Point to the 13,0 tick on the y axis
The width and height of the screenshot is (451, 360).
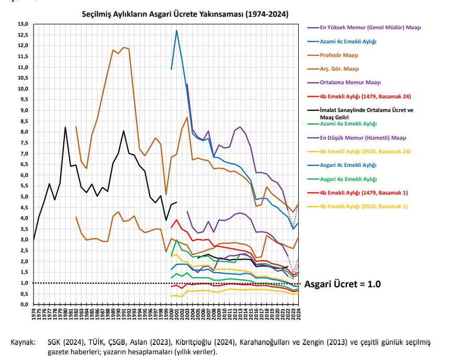coord(22,24)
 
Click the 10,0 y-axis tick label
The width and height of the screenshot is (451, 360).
coord(22,89)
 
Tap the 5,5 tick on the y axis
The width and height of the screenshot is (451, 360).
coord(24,186)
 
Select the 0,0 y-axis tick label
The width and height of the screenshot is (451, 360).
coord(24,305)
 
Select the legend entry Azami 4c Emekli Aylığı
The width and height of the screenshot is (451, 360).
coord(348,41)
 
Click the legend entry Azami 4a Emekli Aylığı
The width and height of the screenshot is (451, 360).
coord(348,123)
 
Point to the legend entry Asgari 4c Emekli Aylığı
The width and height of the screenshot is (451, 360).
coord(348,165)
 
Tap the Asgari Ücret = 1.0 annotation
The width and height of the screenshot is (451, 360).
coord(342,284)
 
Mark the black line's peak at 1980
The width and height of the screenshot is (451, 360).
coord(65,127)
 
